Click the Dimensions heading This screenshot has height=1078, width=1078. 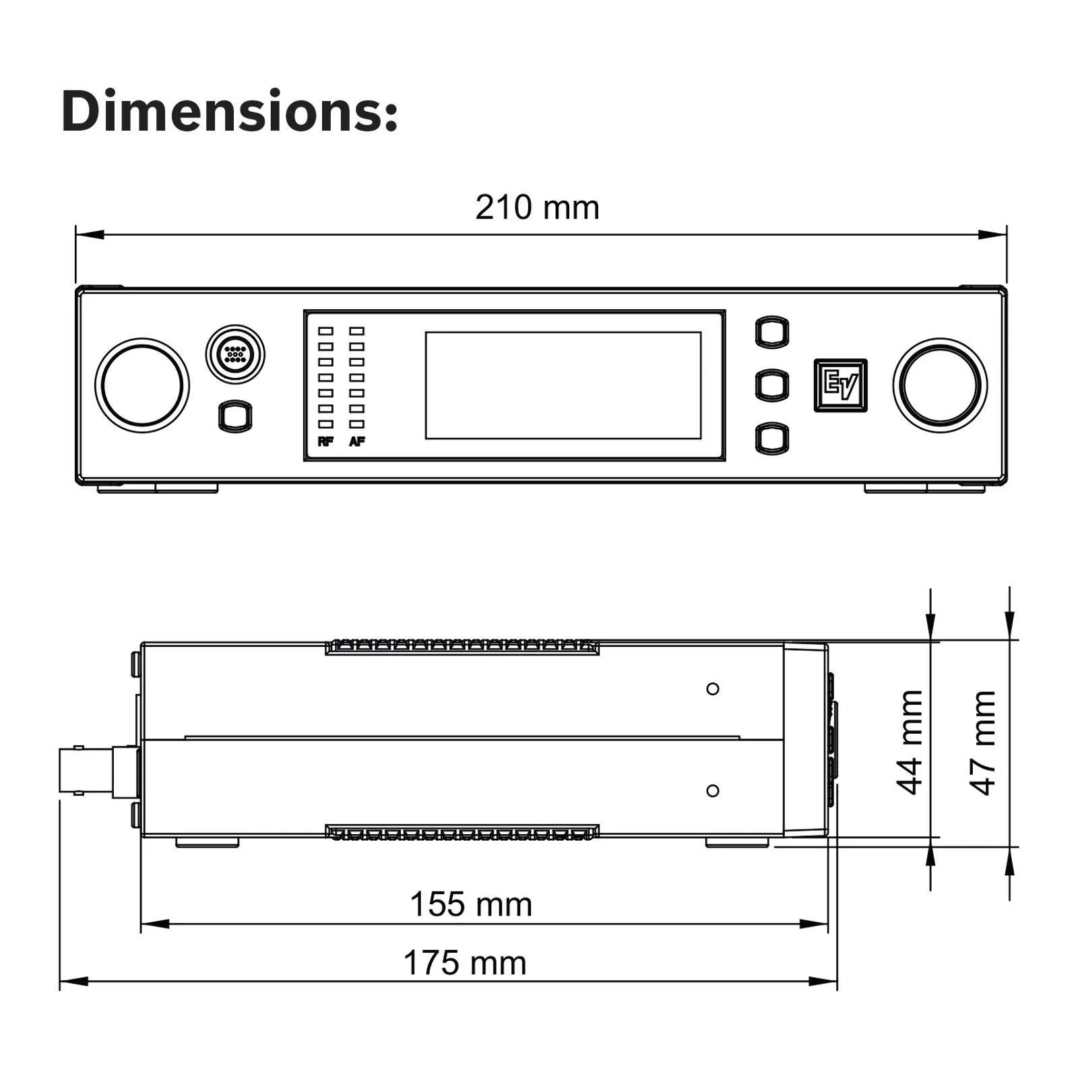pyautogui.click(x=230, y=111)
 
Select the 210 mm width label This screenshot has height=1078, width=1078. pyautogui.click(x=537, y=208)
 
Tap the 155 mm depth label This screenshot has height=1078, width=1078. pyautogui.click(x=471, y=904)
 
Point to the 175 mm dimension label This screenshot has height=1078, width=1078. pyautogui.click(x=465, y=963)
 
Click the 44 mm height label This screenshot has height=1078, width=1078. pyautogui.click(x=910, y=742)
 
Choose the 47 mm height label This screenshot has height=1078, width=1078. pyautogui.click(x=983, y=742)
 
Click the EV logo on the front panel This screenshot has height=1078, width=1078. pyautogui.click(x=840, y=385)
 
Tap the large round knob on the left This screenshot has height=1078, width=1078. pyautogui.click(x=142, y=385)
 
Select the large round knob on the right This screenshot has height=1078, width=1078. pyautogui.click(x=941, y=385)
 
